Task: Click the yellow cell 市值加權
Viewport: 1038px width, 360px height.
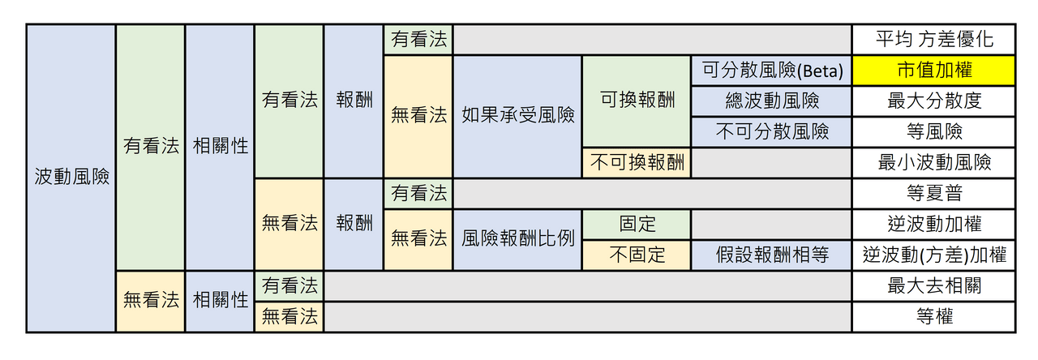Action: (933, 71)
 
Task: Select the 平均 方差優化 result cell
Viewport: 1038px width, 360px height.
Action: (933, 40)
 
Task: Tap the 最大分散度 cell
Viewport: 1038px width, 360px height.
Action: (933, 101)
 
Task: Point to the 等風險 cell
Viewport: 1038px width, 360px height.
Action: (933, 132)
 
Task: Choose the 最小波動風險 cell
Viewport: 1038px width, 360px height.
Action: (933, 163)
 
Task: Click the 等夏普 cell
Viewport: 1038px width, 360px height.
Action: (933, 194)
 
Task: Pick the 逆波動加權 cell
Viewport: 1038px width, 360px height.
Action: (933, 225)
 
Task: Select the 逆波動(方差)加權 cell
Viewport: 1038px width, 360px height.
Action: (933, 255)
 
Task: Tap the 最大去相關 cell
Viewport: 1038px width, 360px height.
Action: (933, 286)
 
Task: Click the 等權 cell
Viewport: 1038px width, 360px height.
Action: (933, 317)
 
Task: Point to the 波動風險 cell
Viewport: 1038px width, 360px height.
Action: (71, 178)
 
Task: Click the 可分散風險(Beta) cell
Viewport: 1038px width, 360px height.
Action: (771, 71)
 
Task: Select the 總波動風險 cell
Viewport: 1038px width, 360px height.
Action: (771, 101)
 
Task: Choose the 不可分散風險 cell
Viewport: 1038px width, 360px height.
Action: (771, 132)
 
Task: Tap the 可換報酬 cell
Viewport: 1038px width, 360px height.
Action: (637, 101)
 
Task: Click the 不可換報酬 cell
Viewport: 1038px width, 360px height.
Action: (637, 163)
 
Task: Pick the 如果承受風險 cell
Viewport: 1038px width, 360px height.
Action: (517, 116)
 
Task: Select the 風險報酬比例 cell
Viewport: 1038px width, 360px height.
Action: (517, 239)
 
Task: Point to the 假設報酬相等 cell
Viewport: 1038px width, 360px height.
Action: (771, 255)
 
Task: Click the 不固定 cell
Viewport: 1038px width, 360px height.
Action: (637, 255)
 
